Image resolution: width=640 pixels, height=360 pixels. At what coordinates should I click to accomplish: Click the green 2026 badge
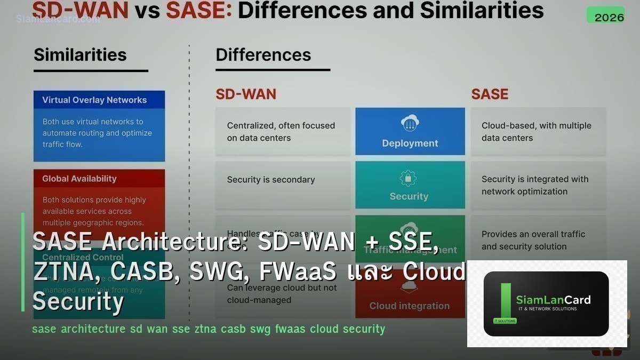pos(605,15)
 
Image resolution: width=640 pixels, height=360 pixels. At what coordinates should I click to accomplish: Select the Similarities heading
pos(80,55)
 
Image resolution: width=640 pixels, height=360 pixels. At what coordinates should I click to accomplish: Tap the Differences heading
pos(263,55)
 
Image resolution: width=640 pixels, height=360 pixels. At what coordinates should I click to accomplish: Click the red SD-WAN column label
pos(246,94)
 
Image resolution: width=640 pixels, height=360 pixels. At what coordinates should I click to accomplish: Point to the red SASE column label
pos(490,94)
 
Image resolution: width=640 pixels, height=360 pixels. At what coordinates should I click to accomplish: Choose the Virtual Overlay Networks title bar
pos(99,100)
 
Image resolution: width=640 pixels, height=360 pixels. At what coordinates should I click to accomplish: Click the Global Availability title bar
pos(99,179)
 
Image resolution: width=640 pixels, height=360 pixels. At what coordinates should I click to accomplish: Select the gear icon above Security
pos(409,178)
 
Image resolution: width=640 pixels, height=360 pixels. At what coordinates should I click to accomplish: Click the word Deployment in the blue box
pos(410,143)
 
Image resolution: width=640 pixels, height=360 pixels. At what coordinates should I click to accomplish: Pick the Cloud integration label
pos(410,306)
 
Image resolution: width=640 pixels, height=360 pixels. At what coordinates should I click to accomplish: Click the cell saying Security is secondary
pos(271,180)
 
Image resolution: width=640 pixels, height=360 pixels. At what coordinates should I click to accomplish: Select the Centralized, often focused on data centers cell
pos(281,132)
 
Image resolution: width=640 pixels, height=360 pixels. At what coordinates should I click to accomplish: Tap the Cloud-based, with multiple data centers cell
pos(537,132)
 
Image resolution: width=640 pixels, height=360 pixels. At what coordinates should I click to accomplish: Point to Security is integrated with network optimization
pos(535,185)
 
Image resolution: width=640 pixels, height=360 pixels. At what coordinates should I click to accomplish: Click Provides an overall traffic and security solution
pos(533,240)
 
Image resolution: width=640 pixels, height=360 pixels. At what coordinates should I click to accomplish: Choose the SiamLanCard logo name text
pos(553,300)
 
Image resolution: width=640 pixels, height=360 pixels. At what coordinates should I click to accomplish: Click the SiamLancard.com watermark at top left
pos(58,19)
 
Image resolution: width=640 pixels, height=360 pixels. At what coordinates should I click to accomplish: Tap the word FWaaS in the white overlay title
pos(298,272)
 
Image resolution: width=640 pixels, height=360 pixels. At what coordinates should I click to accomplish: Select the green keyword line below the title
pos(208,329)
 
